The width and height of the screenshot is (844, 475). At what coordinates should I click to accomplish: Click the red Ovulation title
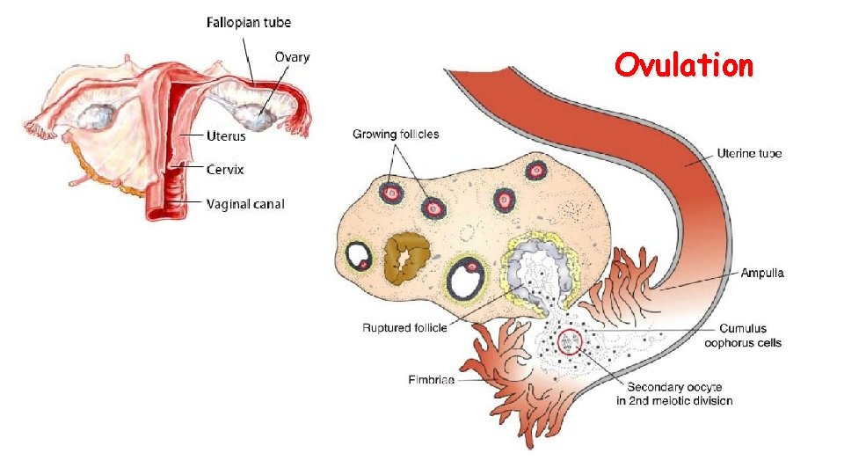tap(683, 65)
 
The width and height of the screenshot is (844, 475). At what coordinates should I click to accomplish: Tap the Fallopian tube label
tap(249, 22)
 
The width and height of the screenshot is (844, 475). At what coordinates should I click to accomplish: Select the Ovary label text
tap(292, 57)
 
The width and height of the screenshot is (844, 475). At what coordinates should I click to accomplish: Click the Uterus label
tap(226, 136)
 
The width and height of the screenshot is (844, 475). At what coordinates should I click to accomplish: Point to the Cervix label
tap(225, 169)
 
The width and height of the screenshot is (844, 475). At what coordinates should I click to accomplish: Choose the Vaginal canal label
tap(245, 204)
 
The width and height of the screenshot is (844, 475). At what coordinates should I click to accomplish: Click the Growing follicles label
tap(396, 135)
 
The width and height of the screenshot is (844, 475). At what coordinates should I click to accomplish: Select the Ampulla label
tap(762, 274)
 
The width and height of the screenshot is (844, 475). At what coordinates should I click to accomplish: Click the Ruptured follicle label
tap(404, 328)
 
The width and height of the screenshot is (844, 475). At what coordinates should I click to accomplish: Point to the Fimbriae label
tap(431, 380)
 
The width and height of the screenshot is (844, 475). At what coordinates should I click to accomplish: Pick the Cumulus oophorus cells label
tap(743, 336)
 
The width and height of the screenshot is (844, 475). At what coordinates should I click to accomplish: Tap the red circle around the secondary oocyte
tap(570, 340)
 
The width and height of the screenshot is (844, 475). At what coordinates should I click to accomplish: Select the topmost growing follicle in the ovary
tap(535, 171)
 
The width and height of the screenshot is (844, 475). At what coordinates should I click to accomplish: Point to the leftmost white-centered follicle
tap(359, 256)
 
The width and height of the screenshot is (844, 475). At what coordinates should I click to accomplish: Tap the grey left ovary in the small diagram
tap(99, 115)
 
